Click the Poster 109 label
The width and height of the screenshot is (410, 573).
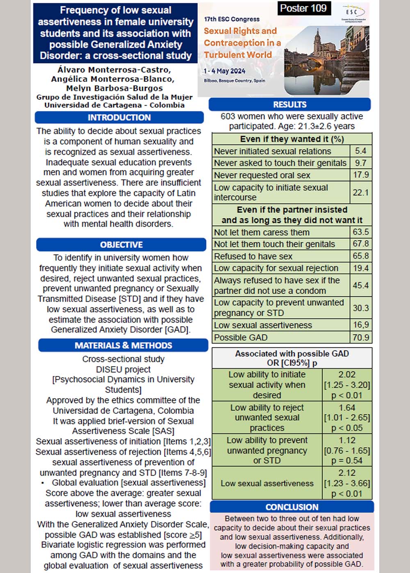(303, 9)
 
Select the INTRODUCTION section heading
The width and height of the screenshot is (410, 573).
(119, 117)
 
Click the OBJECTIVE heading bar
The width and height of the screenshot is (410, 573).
(121, 245)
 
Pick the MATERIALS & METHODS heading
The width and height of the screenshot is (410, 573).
(123, 345)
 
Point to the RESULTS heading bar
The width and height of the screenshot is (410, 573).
(289, 104)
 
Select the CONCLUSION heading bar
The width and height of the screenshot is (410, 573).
(292, 507)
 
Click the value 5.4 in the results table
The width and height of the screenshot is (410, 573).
(361, 151)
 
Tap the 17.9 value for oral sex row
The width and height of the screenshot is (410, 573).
(361, 175)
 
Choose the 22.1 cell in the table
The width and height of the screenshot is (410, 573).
(361, 192)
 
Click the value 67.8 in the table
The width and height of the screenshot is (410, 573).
(361, 244)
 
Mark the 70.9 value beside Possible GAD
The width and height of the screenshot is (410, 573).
(361, 338)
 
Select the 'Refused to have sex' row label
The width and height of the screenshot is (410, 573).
(253, 256)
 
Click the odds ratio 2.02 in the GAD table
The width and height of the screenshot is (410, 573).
(347, 374)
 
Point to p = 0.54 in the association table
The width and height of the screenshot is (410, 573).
(347, 461)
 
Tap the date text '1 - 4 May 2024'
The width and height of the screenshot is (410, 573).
(224, 71)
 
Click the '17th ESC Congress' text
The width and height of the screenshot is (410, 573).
(232, 19)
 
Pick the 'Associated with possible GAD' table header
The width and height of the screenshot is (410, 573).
(292, 354)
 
